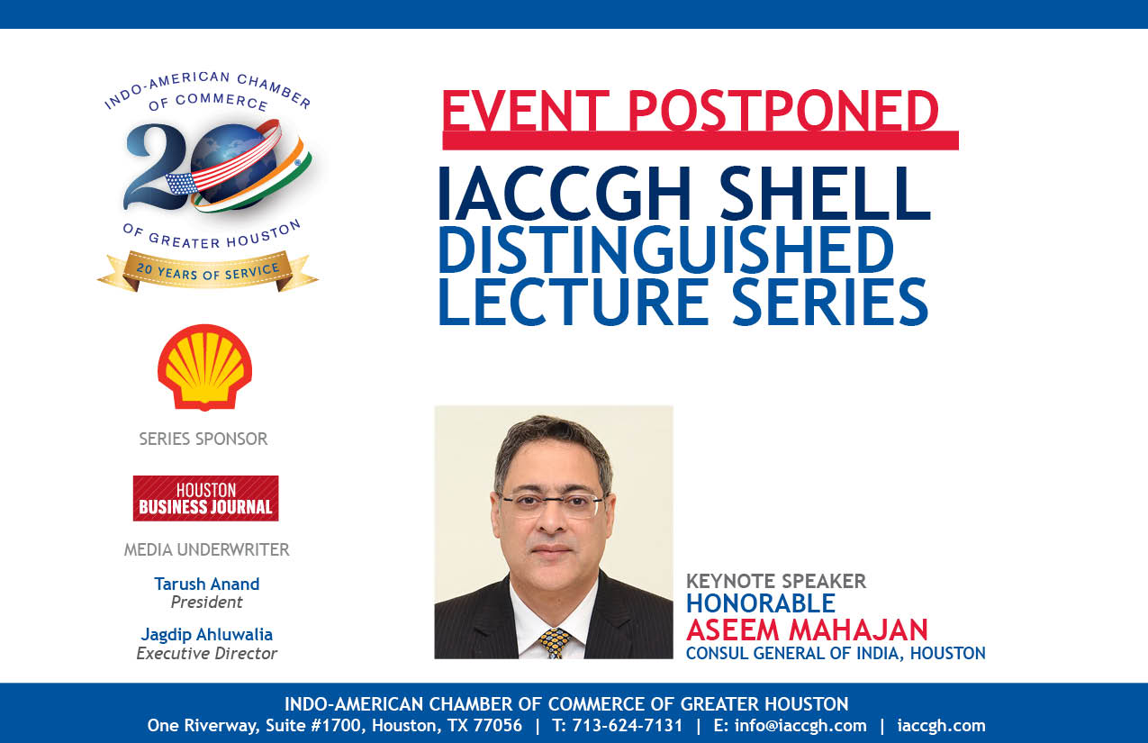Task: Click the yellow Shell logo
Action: click(205, 367)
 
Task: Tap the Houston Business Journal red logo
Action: click(206, 498)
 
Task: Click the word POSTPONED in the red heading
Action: click(782, 111)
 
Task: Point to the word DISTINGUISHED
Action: click(666, 250)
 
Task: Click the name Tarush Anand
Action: click(207, 584)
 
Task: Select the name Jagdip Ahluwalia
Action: click(206, 635)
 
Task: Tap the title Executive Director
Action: click(206, 654)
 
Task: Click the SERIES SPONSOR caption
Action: click(203, 439)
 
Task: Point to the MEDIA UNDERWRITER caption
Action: click(206, 549)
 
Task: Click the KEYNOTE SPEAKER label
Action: click(776, 582)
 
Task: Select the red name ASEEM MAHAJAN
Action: click(807, 630)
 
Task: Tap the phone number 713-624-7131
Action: click(628, 726)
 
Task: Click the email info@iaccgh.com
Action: click(800, 726)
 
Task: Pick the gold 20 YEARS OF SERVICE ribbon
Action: click(208, 271)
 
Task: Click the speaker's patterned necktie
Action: click(554, 643)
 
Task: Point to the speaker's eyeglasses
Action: click(552, 505)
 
